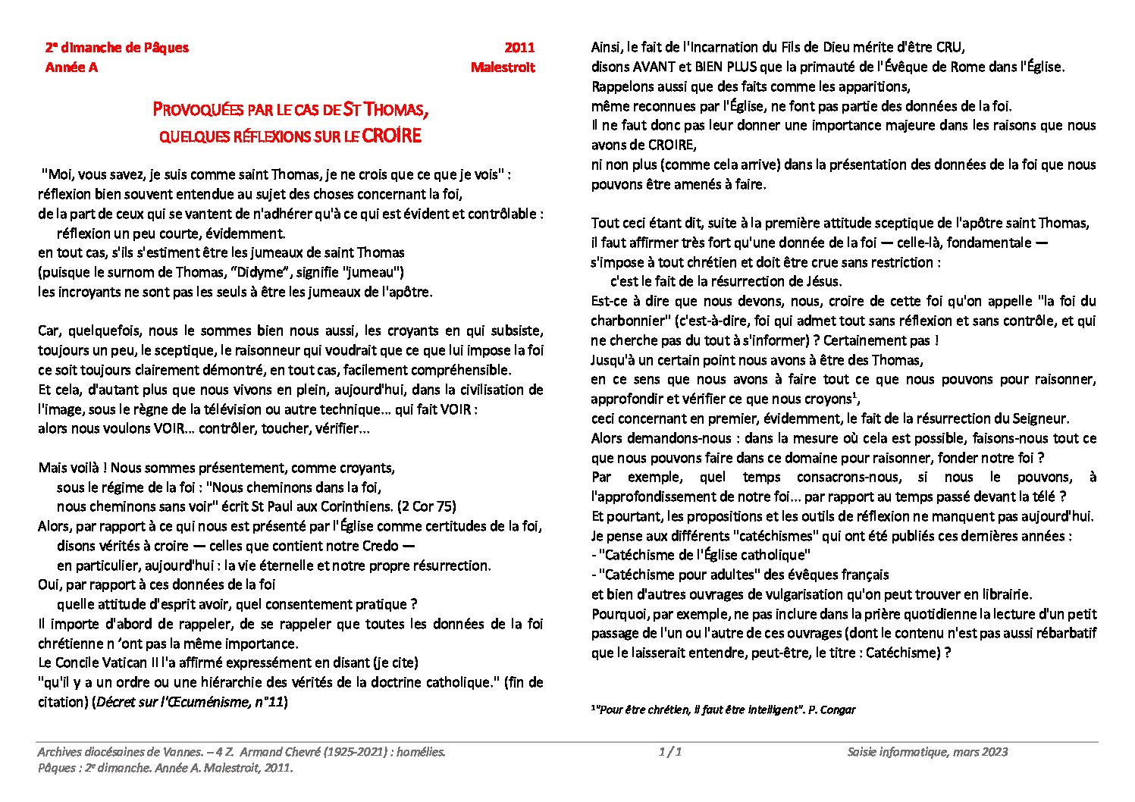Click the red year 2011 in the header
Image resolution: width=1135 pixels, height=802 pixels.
point(519,48)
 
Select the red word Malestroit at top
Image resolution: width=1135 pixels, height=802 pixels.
point(502,67)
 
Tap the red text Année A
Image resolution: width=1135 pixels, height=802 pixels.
point(71,67)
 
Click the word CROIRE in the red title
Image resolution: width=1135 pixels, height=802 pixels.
point(391,136)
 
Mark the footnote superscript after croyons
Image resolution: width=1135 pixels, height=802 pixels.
point(854,394)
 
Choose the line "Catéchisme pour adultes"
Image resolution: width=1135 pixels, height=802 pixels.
point(740,575)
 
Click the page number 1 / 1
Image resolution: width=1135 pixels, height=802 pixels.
point(670,752)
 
